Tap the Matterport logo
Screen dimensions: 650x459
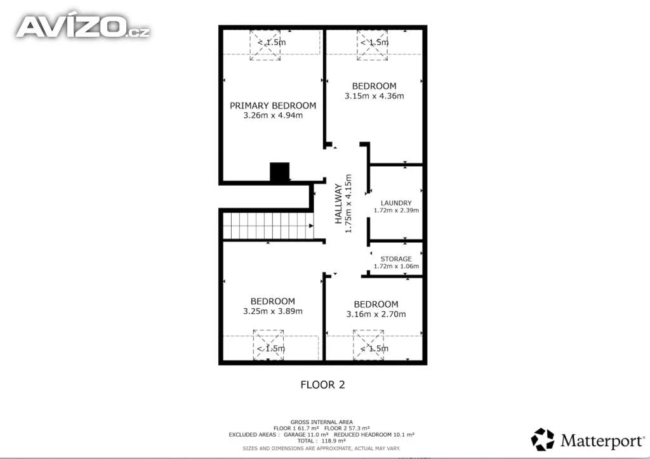(x=588, y=439)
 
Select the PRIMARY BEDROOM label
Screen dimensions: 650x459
(x=273, y=105)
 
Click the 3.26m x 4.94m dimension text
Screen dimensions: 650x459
(x=273, y=115)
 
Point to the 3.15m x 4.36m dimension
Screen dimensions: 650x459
(x=375, y=96)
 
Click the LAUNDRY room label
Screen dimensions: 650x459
(x=396, y=203)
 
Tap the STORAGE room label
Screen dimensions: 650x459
(x=396, y=259)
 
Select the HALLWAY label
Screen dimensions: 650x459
(x=339, y=204)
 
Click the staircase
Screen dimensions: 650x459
(x=269, y=226)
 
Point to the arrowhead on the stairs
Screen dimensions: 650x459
(x=311, y=226)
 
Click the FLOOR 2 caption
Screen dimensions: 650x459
(x=322, y=385)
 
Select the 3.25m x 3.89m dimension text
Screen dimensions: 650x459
(x=273, y=311)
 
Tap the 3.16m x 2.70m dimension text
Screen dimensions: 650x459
(x=376, y=314)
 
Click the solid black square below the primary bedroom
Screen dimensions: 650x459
(x=279, y=172)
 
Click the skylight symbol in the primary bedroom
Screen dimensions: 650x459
(x=265, y=45)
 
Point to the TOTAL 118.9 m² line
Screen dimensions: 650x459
(x=321, y=441)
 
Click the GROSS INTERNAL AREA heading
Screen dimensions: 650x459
(x=321, y=422)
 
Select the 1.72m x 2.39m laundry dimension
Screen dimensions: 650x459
(x=396, y=210)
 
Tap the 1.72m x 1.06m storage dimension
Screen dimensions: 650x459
(x=396, y=266)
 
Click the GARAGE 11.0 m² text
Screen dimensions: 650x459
(x=306, y=434)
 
